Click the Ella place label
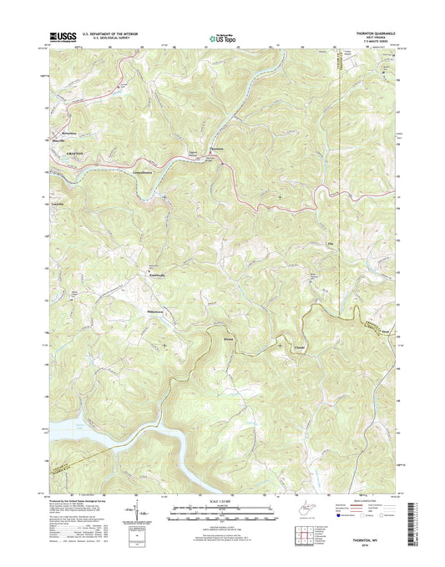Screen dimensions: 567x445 point(341,243)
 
